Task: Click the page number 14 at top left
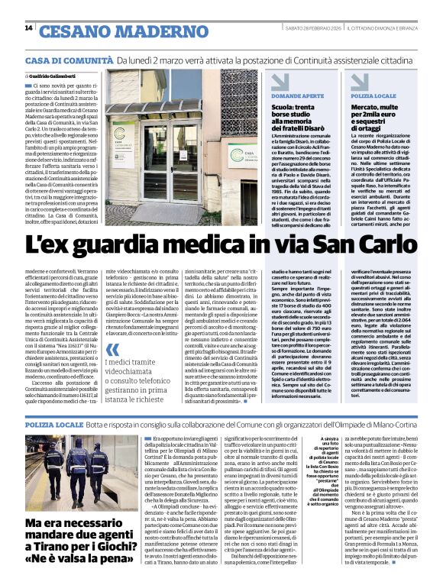(x=28, y=28)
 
